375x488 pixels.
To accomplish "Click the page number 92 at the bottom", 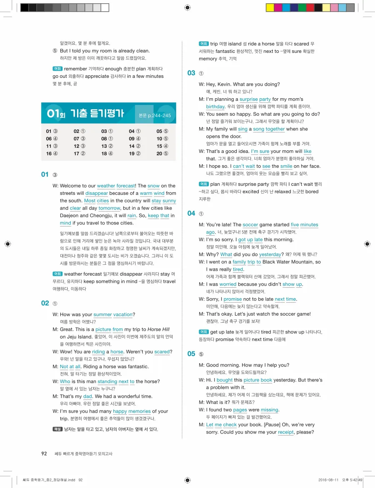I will point(44,453).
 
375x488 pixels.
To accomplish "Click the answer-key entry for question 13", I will point(107,146).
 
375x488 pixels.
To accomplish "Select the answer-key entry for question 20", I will point(162,154).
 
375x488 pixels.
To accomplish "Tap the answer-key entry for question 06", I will point(52,139).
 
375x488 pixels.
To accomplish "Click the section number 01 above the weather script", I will point(45,174).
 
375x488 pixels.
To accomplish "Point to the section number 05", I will point(191,354).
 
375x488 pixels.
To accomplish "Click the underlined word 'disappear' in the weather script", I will point(97,193).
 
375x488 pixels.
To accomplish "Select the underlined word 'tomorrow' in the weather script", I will point(109,208).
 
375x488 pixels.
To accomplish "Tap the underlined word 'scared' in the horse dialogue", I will point(162,352).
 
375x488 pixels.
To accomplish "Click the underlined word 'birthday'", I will point(217,107).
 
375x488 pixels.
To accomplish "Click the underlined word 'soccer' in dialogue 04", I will point(250,225).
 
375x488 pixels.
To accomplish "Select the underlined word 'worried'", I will point(228,284).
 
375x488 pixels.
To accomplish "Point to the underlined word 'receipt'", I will point(285,432).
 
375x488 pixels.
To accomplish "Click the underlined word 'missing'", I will point(270,410).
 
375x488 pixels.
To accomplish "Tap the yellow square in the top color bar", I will point(270,7).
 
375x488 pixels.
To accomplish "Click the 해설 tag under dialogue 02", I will point(57,429).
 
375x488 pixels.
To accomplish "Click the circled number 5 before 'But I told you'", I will point(55,51).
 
